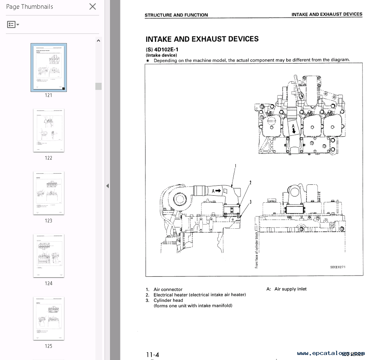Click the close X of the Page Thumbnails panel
(92, 6)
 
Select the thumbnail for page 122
(49, 130)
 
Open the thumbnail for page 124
(49, 255)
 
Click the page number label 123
(49, 221)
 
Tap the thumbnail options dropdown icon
(13, 25)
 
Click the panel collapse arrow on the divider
(107, 186)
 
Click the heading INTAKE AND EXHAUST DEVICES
(202, 39)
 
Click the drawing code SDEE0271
(338, 267)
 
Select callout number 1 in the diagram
(235, 166)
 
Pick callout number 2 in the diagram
(250, 183)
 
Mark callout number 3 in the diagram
(250, 202)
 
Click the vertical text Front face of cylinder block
(257, 250)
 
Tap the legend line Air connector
(168, 289)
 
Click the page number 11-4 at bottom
(153, 355)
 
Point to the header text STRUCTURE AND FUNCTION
(176, 15)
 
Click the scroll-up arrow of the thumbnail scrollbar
(98, 41)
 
